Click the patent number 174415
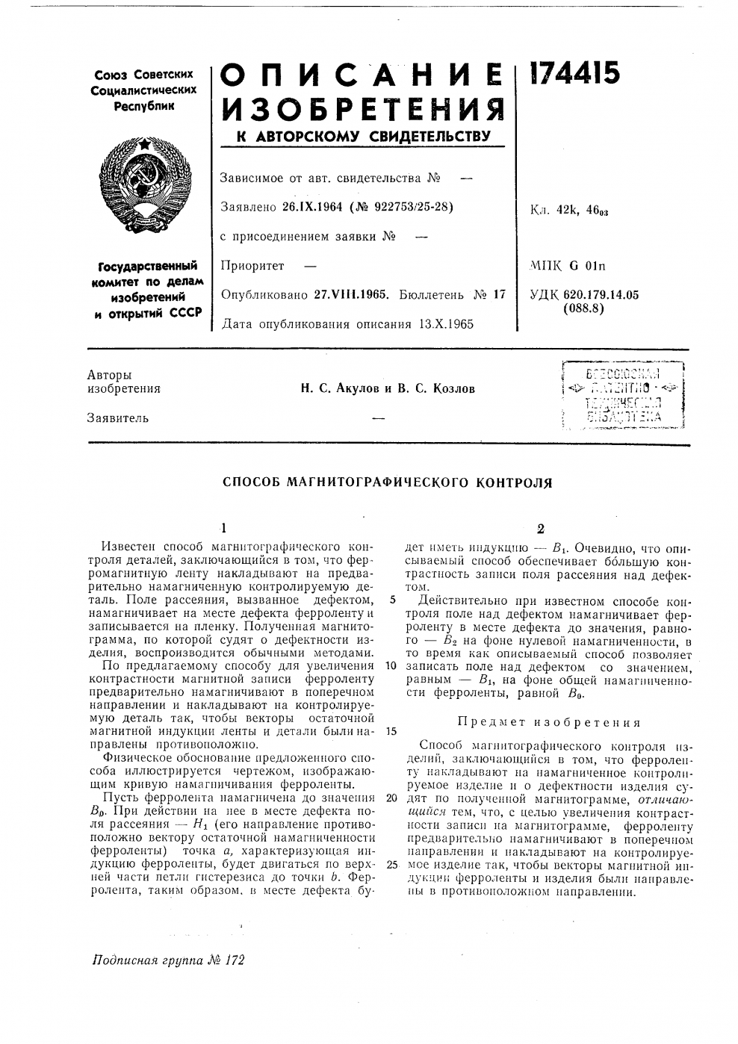click(x=574, y=74)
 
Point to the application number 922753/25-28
click(x=407, y=206)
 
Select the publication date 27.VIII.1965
click(x=349, y=294)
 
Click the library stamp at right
click(x=615, y=396)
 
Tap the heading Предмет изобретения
click(x=549, y=723)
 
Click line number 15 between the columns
click(x=391, y=731)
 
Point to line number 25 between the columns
click(x=391, y=865)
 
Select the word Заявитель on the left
click(x=118, y=418)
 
